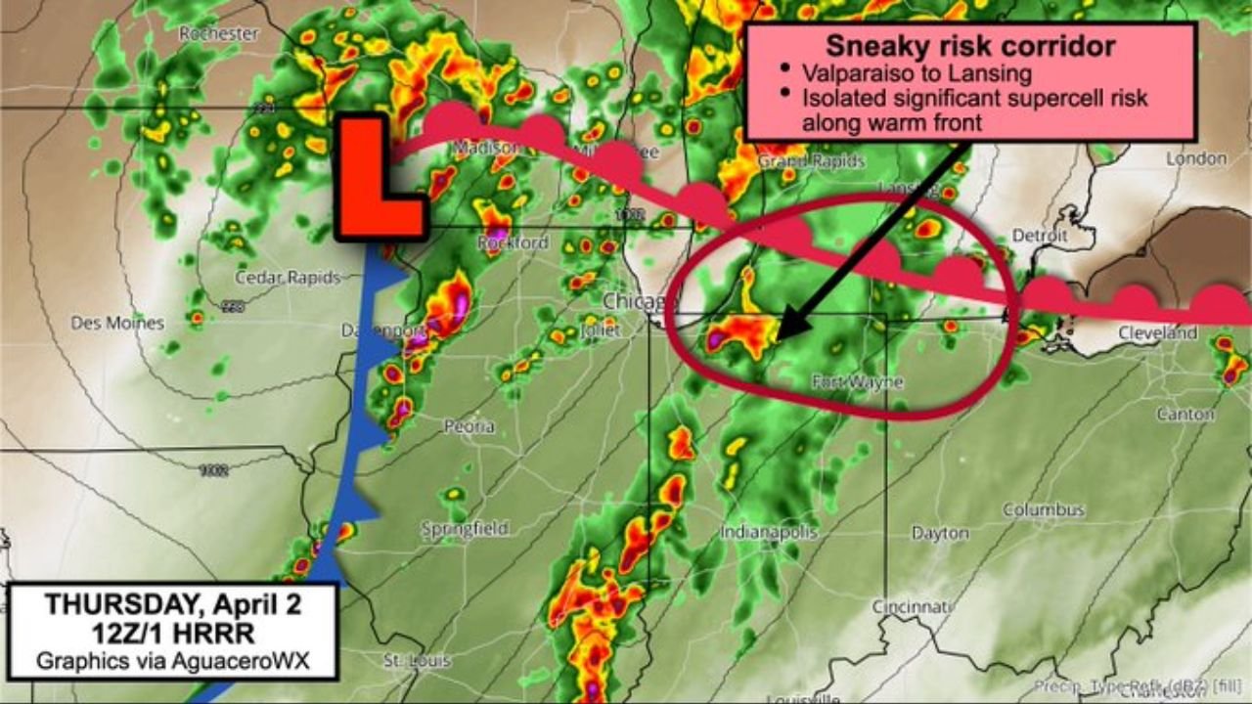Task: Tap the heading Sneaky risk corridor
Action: (x=970, y=46)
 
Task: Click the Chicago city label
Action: (x=635, y=301)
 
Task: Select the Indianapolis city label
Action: (x=769, y=533)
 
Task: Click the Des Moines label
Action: (x=117, y=323)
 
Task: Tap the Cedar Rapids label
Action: (x=287, y=278)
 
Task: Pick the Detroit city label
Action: (x=1039, y=236)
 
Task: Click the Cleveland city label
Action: (x=1158, y=333)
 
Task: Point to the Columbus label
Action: (x=1043, y=510)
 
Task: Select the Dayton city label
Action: (x=940, y=534)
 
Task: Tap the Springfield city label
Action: (x=465, y=529)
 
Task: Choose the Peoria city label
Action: (x=469, y=427)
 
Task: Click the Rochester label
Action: (x=218, y=34)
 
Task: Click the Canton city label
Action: (x=1185, y=415)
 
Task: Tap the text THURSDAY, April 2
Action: (x=172, y=603)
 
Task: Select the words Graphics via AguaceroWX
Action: (x=172, y=661)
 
